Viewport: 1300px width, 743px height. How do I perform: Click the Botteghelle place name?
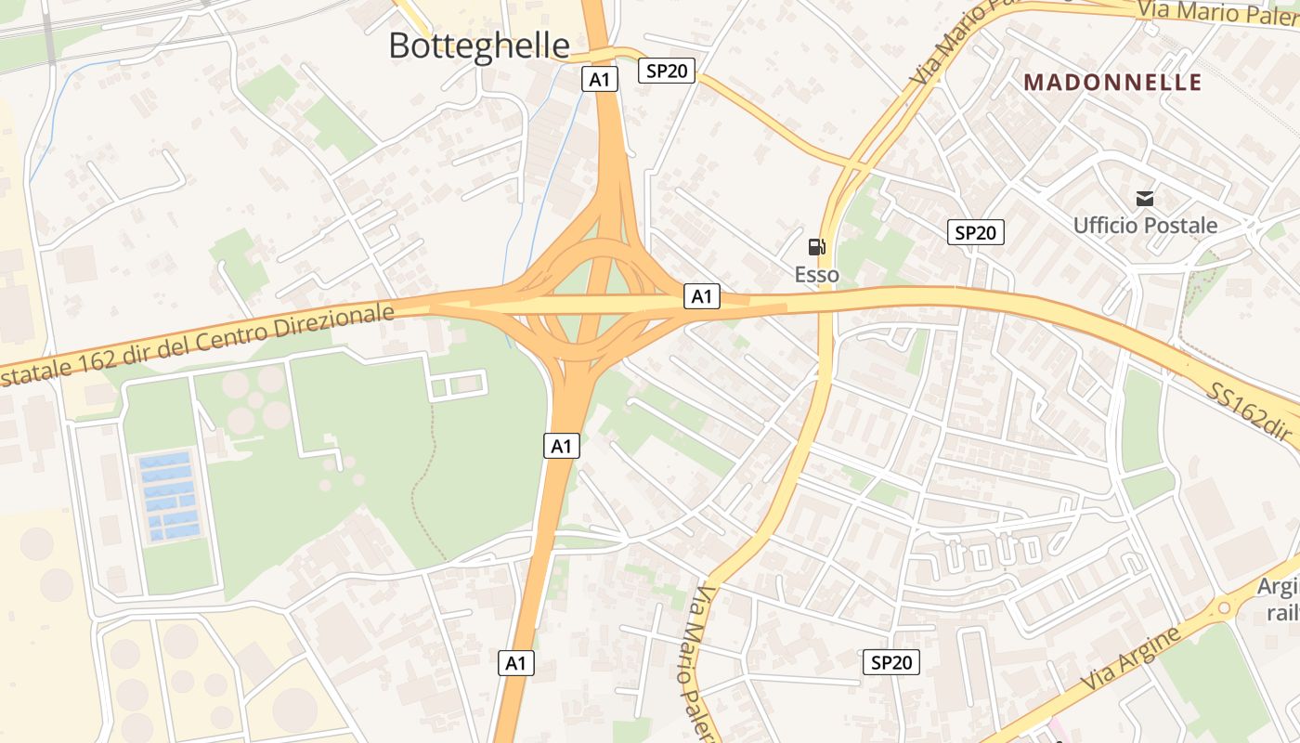(x=479, y=46)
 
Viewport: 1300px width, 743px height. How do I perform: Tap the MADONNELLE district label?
(x=1112, y=82)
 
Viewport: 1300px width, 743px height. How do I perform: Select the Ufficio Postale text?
(x=1145, y=225)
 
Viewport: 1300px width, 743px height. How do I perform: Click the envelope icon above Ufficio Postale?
(x=1145, y=198)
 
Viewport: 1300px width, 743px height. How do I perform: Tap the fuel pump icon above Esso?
(x=816, y=247)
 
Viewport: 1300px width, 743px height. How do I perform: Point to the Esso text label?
(x=816, y=274)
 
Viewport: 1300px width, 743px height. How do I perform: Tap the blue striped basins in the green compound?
(x=168, y=496)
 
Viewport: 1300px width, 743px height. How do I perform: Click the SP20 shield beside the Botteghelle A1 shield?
(x=667, y=71)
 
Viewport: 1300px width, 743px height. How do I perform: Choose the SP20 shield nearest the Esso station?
(x=976, y=232)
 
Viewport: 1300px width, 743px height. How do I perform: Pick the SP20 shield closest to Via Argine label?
(x=891, y=662)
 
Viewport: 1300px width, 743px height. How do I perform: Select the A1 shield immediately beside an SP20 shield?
(x=600, y=79)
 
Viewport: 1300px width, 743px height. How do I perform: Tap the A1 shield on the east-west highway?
(x=702, y=296)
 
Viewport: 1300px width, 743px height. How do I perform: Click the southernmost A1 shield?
(x=516, y=662)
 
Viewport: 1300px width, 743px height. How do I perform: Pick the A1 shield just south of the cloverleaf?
(x=562, y=446)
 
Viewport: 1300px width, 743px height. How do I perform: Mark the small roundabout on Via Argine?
(x=1224, y=608)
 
